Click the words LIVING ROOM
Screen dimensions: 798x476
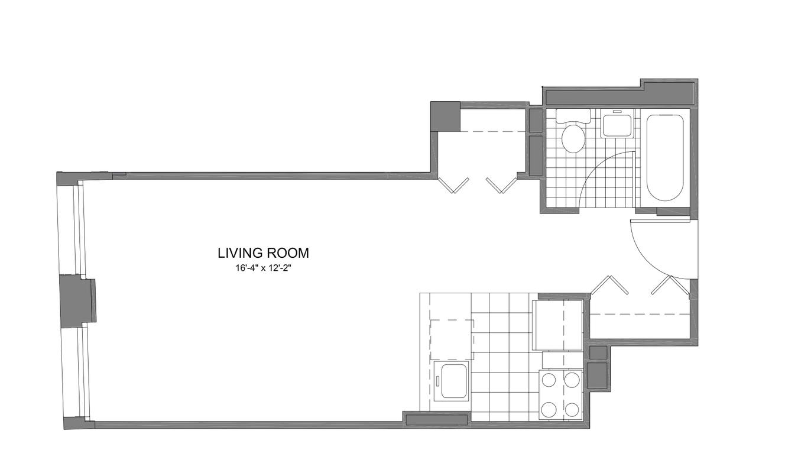point(263,253)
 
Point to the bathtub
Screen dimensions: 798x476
point(665,158)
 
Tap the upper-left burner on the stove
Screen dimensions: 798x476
point(549,381)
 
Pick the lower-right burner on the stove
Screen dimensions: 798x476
point(572,410)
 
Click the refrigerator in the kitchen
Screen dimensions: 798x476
point(557,325)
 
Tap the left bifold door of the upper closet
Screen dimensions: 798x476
point(453,185)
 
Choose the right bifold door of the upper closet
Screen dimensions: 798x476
point(502,185)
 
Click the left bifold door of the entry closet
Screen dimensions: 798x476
point(610,284)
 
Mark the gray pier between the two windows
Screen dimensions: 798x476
point(77,301)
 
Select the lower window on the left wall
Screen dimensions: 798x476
point(76,371)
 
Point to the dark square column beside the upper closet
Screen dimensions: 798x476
point(445,116)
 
